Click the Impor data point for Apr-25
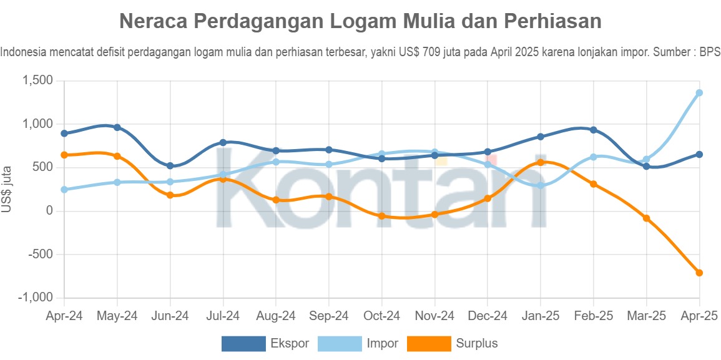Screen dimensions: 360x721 699,93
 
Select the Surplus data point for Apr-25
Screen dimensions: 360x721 699,273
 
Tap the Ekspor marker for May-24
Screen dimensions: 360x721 117,127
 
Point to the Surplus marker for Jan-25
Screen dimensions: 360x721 541,162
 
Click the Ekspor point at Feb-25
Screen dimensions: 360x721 593,130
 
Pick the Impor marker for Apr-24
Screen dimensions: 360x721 64,190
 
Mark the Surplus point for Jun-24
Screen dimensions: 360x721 170,195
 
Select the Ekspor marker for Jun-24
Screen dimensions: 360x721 170,166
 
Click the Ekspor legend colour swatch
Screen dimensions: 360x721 243,343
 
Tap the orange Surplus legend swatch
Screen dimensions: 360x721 429,343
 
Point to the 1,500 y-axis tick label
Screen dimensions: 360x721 37,80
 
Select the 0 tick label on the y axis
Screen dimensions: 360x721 49,211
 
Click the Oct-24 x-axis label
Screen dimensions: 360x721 381,316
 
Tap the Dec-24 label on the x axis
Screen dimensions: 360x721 488,316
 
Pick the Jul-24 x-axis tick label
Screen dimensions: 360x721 223,316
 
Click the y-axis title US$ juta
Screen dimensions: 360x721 7,189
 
